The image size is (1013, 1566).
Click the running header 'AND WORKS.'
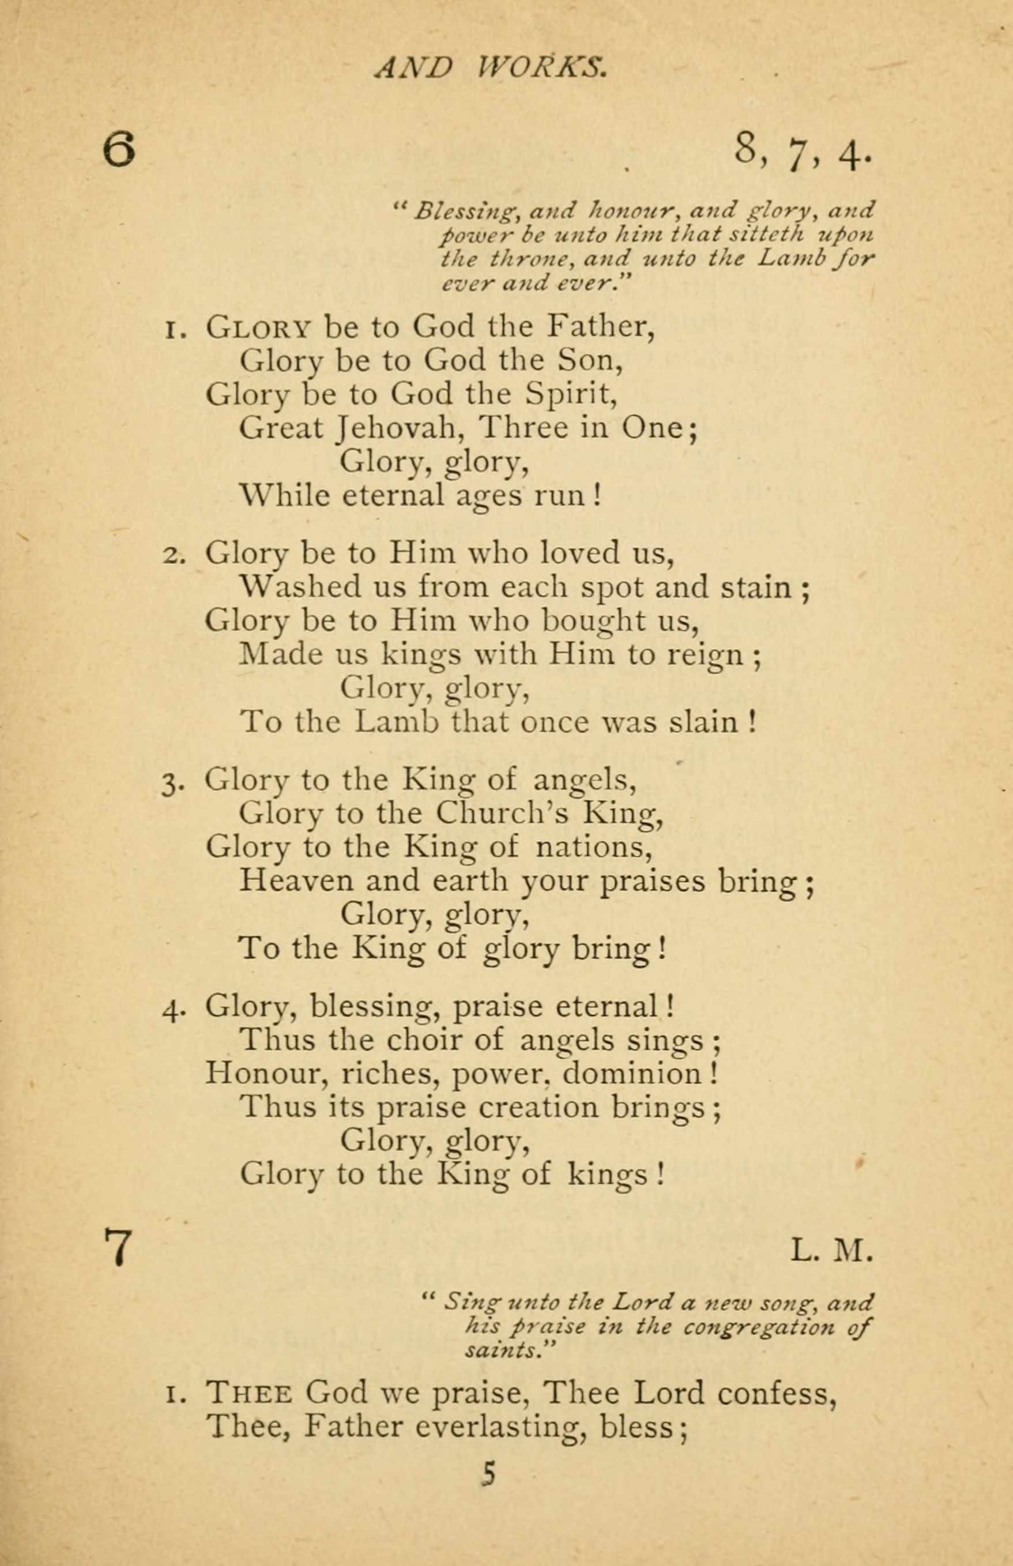click(x=490, y=67)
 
